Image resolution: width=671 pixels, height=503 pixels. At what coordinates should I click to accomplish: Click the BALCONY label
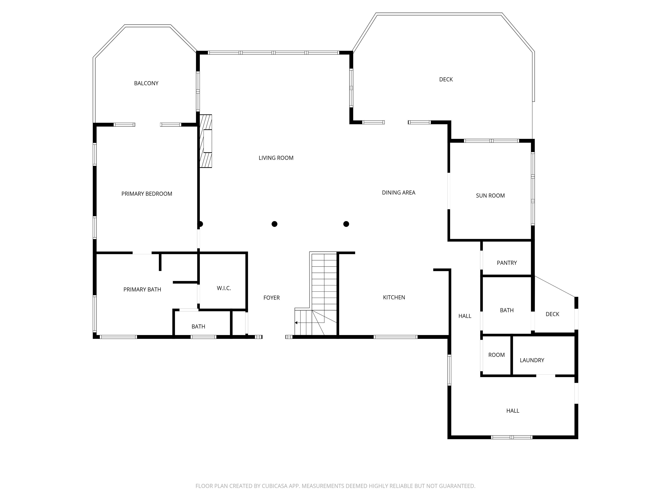146,83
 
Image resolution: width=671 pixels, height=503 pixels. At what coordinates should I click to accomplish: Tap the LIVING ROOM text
276,158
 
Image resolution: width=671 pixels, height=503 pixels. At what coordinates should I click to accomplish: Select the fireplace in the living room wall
206,141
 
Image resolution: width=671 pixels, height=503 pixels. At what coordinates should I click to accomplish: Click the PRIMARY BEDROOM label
147,194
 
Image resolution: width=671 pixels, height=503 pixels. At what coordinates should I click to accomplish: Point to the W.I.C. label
224,288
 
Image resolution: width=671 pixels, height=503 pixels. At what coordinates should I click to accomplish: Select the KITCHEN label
394,297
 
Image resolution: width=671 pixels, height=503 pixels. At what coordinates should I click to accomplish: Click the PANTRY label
507,263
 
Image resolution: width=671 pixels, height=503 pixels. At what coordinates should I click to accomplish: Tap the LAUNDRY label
532,360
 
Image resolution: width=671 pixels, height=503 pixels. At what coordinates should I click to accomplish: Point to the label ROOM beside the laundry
496,355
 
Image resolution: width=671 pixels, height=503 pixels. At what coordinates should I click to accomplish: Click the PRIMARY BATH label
142,289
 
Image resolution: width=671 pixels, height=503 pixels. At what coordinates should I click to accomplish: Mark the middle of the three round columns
275,224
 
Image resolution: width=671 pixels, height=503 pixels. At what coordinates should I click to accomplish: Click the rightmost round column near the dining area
346,224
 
